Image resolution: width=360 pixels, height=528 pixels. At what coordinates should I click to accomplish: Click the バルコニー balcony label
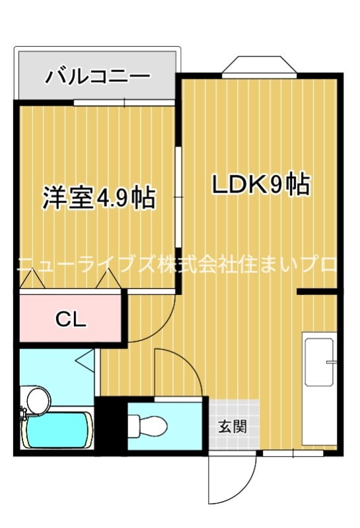click(x=97, y=76)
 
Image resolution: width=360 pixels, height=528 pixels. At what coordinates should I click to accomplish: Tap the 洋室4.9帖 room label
click(x=99, y=197)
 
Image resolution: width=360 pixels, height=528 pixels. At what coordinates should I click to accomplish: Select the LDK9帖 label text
click(x=260, y=185)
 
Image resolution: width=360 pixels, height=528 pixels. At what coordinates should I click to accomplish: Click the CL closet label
click(x=71, y=319)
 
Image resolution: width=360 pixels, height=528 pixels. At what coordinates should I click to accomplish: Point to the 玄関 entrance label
click(x=233, y=426)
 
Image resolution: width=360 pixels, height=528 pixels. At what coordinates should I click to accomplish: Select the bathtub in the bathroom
click(x=57, y=431)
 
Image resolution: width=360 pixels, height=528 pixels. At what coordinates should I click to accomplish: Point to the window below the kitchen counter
click(x=293, y=453)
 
